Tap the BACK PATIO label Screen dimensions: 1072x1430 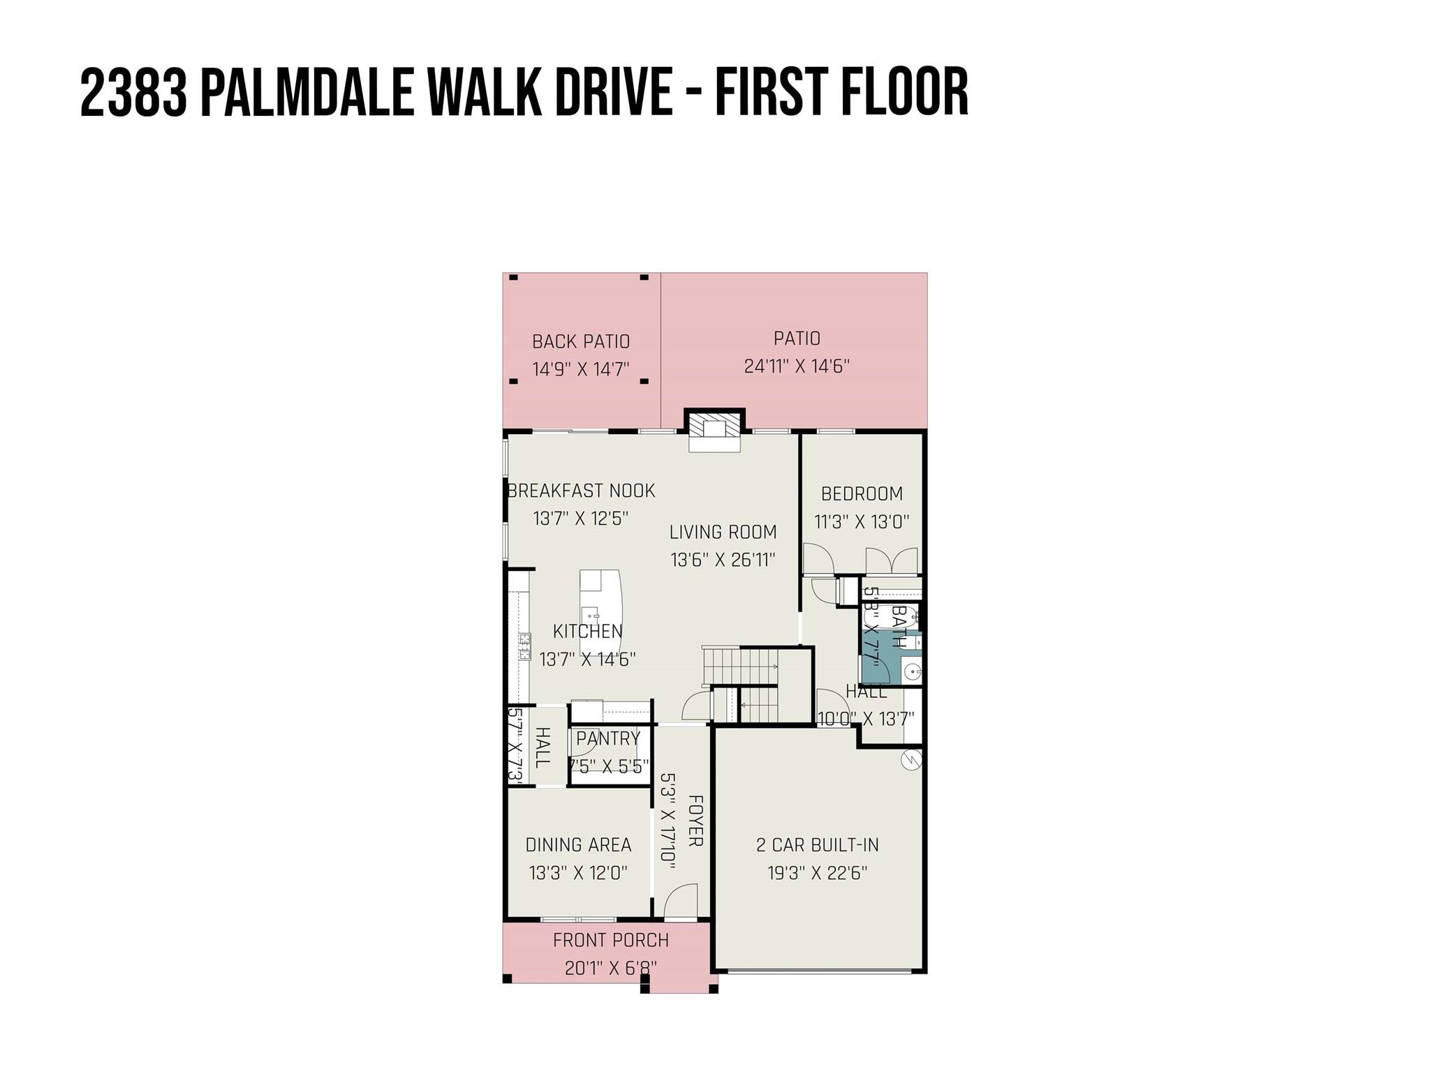tap(580, 341)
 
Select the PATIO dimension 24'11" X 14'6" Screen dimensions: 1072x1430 tap(796, 366)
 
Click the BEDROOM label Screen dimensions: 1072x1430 tap(862, 493)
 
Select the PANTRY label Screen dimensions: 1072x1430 tap(608, 738)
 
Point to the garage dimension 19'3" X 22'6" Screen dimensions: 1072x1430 tap(817, 873)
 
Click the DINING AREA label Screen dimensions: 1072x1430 tap(578, 844)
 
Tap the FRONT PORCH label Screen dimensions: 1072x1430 tap(610, 940)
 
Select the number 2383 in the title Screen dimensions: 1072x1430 tap(133, 93)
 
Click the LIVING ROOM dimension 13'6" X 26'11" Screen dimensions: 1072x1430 tap(723, 560)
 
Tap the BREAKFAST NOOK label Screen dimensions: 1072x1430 tap(581, 491)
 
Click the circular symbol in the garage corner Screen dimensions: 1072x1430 tap(911, 759)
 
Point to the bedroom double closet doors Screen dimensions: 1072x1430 tap(892, 561)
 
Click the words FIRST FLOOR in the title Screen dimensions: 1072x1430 tap(841, 93)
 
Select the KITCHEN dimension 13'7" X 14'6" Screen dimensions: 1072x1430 tap(587, 659)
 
